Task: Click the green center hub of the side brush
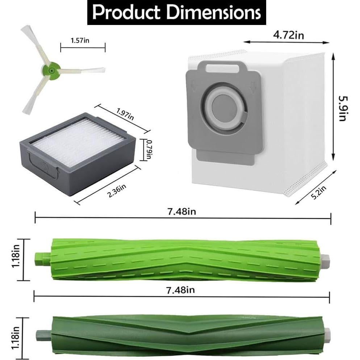pos(53,67)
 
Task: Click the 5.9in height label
pos(342,109)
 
